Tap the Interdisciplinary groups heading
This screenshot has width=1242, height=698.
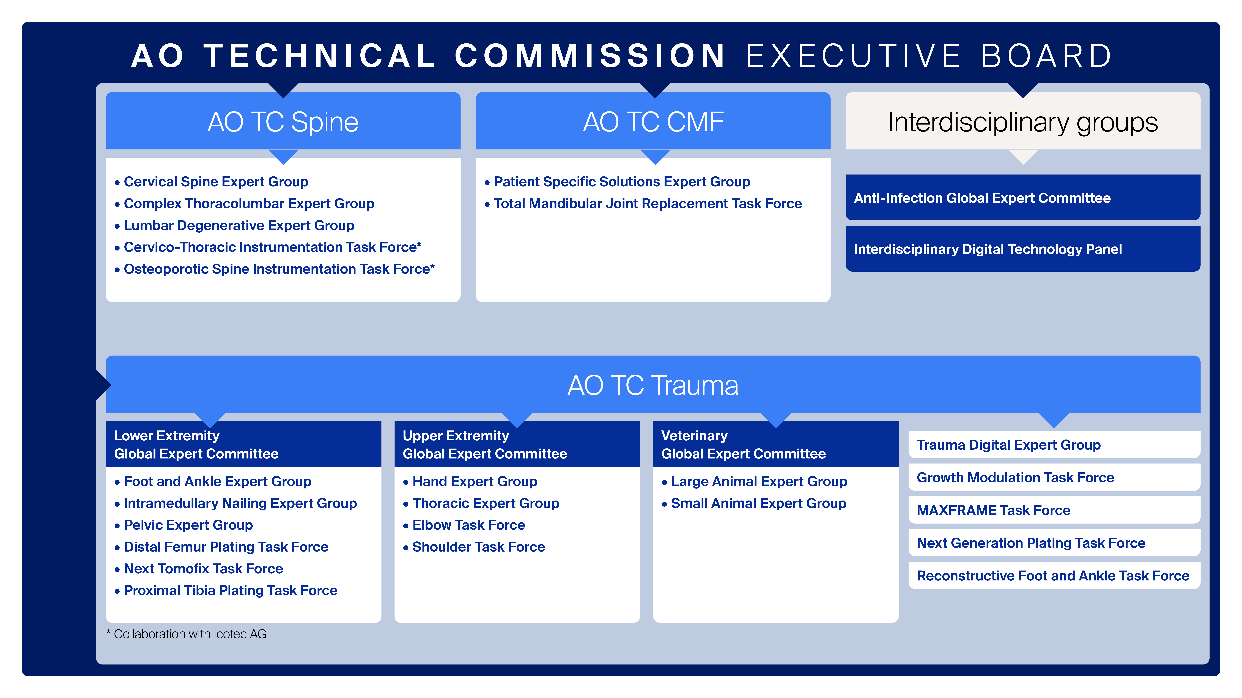click(x=1023, y=122)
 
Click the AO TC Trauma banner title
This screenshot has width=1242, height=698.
click(x=653, y=385)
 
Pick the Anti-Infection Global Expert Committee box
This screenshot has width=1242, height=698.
click(x=1023, y=198)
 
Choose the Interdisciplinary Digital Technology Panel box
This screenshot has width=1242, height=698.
click(x=1023, y=249)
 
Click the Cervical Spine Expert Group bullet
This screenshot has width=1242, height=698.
click(x=216, y=182)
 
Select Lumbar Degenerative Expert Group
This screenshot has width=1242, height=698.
click(x=239, y=225)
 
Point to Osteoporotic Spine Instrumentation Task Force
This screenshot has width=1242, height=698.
click(x=279, y=269)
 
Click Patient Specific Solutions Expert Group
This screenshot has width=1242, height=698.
click(x=621, y=182)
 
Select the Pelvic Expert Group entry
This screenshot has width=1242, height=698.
click(x=188, y=525)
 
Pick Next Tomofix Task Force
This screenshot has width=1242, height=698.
click(x=203, y=569)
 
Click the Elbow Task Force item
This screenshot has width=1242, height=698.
click(x=468, y=525)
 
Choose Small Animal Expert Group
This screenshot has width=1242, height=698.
click(x=758, y=503)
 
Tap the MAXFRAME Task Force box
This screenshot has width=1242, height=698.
click(x=1054, y=510)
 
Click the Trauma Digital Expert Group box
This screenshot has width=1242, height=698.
click(x=1054, y=445)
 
